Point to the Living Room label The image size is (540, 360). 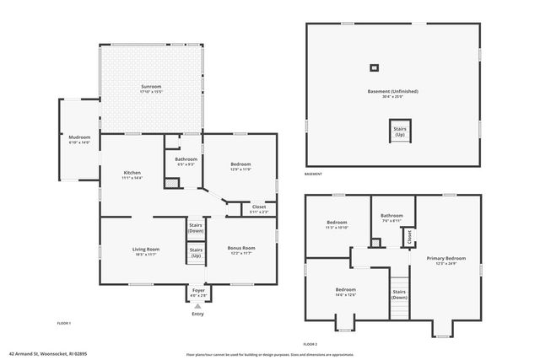(146, 250)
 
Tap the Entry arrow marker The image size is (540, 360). (197, 306)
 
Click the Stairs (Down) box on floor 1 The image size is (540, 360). (196, 228)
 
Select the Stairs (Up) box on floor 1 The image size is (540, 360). (196, 251)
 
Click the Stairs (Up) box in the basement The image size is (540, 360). (400, 132)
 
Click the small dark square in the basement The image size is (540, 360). (375, 68)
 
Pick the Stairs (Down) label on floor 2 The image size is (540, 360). (400, 294)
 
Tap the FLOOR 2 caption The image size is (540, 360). (310, 345)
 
